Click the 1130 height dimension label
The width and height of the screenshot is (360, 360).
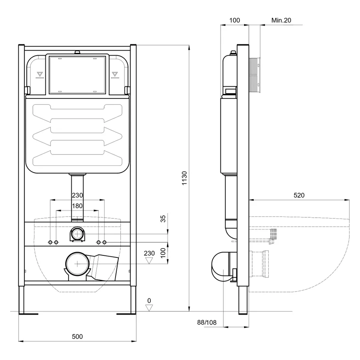coord(184,178)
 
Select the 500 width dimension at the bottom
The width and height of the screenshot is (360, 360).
coord(77,336)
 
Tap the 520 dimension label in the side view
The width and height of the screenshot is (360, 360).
coord(299,195)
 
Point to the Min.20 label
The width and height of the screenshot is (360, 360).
coord(281,20)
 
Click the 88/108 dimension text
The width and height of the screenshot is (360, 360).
coord(207,323)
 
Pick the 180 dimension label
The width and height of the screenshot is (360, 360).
coord(77,206)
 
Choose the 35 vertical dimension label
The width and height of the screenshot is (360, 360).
coord(163,219)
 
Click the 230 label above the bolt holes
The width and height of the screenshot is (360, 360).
coord(77,195)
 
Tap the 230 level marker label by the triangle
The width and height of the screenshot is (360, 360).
coord(149,253)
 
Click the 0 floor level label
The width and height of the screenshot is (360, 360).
coord(149,300)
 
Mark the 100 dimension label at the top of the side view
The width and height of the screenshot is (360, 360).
coord(234,20)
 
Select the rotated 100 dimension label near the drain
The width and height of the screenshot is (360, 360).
coord(163,253)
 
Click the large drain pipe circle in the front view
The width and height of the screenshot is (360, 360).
coord(77,264)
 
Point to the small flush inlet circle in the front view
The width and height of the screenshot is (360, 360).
coord(77,234)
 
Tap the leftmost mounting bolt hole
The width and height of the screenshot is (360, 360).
coord(50,242)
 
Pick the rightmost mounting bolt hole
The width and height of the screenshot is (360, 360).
coord(105,242)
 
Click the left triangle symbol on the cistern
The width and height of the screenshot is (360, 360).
coord(40,74)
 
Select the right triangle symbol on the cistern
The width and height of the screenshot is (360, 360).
coord(115,74)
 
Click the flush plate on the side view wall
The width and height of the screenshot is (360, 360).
coord(255,75)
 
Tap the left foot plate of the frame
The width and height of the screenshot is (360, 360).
coord(28,314)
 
